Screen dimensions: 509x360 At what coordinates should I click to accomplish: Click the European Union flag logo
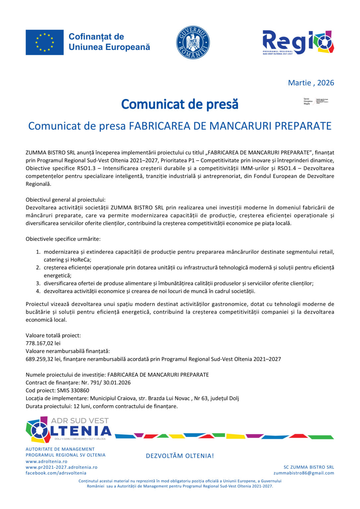[44, 42]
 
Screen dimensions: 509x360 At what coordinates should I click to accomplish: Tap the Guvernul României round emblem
[193, 42]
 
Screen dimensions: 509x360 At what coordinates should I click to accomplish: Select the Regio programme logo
[298, 42]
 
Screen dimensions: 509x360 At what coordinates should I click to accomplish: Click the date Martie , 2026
[311, 83]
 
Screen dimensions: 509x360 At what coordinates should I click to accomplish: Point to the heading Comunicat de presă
[180, 104]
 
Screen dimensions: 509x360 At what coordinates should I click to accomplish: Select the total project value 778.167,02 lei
[43, 343]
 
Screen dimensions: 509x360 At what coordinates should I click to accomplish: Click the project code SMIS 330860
[73, 390]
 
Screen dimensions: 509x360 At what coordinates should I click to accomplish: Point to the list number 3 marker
[38, 283]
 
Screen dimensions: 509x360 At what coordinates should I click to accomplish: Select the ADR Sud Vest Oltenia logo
[69, 429]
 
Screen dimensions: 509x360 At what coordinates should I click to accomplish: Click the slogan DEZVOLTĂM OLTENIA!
[180, 456]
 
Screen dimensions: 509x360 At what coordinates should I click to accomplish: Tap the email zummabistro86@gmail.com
[304, 473]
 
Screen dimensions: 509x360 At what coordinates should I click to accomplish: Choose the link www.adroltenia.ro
[46, 461]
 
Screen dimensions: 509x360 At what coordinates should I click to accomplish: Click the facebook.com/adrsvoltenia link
[56, 473]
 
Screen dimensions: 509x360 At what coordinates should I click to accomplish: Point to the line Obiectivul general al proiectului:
[66, 200]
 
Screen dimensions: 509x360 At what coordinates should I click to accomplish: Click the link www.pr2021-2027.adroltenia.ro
[62, 467]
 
